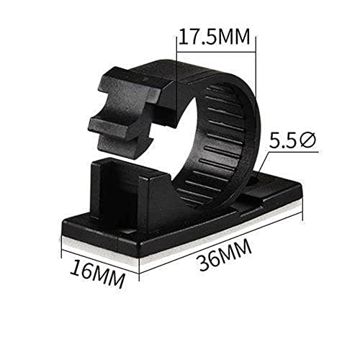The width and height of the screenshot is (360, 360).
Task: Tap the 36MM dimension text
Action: click(x=225, y=256)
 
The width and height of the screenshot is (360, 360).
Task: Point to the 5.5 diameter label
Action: click(x=292, y=141)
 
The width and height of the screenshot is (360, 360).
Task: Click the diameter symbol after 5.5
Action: click(x=307, y=141)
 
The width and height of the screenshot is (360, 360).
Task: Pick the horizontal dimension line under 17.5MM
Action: click(x=216, y=51)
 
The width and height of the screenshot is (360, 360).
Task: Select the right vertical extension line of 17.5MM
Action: click(x=256, y=65)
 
